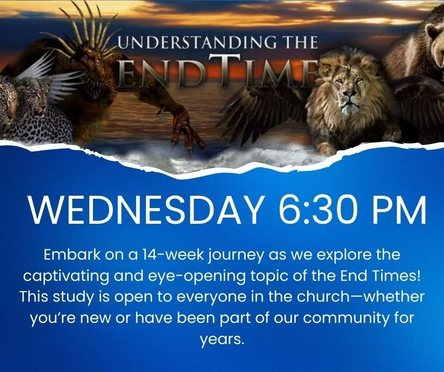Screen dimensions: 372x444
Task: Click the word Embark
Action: tap(67, 255)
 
